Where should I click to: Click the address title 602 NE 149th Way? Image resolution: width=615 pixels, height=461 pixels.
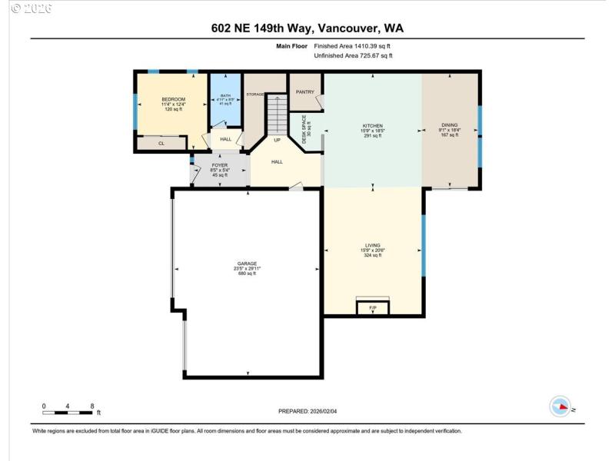coord(307,28)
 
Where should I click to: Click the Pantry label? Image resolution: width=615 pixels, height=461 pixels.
coord(305,91)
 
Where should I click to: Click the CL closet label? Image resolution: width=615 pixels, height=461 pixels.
coord(161,143)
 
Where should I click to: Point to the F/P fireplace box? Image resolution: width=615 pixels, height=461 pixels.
coord(373,307)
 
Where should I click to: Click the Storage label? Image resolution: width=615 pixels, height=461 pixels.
coord(255,94)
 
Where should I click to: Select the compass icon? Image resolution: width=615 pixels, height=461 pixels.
coord(560,406)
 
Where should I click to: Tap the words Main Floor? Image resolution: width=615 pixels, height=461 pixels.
coord(291,46)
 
